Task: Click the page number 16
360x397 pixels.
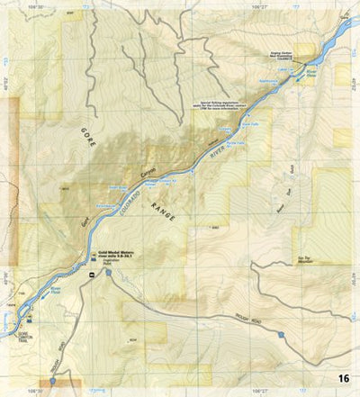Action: (344, 378)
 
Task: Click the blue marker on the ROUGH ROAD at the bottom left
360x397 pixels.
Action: (53, 381)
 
